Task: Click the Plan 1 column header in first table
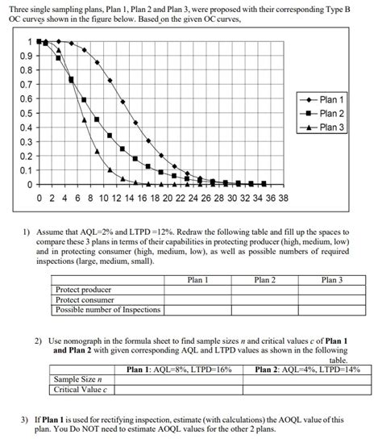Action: pyautogui.click(x=197, y=280)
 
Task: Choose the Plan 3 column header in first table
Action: pyautogui.click(x=331, y=280)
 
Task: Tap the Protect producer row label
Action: pyautogui.click(x=84, y=290)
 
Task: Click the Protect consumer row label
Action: pyautogui.click(x=85, y=299)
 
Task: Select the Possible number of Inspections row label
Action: pyautogui.click(x=108, y=309)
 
